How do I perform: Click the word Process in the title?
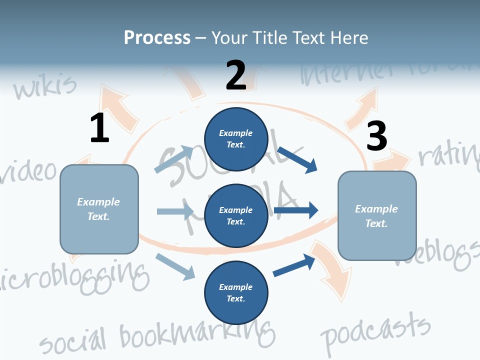[157, 38]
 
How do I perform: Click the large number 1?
[99, 128]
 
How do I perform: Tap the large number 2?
[236, 75]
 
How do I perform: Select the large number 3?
[377, 136]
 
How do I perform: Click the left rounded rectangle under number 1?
[99, 209]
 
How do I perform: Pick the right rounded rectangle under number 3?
[377, 215]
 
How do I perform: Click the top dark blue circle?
[236, 138]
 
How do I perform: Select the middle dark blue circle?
[236, 215]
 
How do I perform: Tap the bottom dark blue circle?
[236, 292]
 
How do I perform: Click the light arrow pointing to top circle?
[173, 159]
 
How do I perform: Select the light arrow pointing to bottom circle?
[175, 266]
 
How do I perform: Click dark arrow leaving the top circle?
[297, 159]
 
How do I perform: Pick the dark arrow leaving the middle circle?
[296, 210]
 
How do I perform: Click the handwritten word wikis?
[45, 86]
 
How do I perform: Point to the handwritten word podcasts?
[375, 330]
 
